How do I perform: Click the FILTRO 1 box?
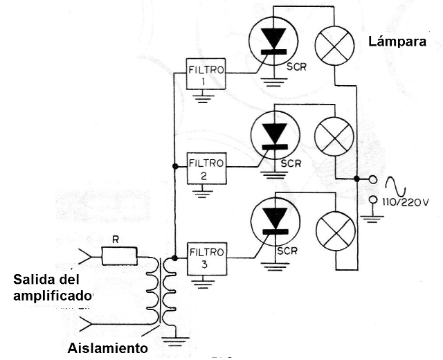click(x=206, y=75)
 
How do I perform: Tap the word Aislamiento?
click(x=107, y=348)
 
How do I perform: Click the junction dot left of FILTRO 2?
click(x=174, y=167)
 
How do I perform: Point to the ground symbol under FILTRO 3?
click(x=203, y=281)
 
